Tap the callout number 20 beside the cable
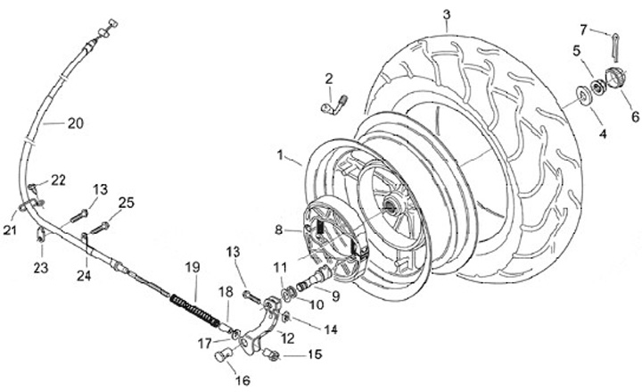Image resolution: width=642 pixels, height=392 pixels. pyautogui.click(x=76, y=124)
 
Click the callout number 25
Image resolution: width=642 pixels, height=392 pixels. pyautogui.click(x=127, y=203)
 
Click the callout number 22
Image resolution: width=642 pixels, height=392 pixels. pyautogui.click(x=58, y=180)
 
